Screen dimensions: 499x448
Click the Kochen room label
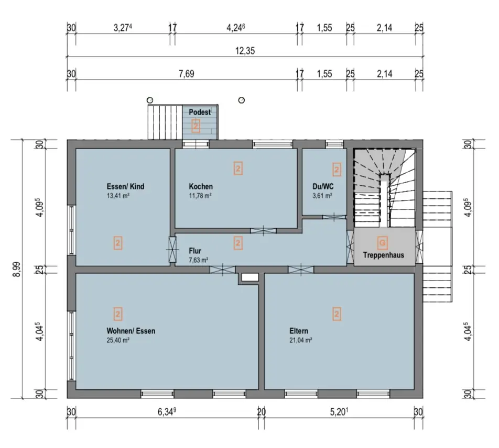(x=200, y=186)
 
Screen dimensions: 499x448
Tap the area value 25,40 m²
(x=118, y=340)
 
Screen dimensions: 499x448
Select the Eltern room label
(x=299, y=331)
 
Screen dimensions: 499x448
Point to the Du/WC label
(x=323, y=186)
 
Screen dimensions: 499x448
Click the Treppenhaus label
(x=384, y=255)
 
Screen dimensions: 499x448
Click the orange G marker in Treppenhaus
(x=382, y=243)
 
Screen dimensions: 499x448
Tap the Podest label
(x=200, y=112)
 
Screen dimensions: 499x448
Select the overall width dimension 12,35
(x=245, y=51)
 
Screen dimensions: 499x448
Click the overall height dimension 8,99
(x=17, y=269)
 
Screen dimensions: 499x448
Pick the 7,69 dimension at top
(x=187, y=74)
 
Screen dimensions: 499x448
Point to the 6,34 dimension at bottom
(x=167, y=412)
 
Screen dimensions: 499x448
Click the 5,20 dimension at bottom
(x=339, y=412)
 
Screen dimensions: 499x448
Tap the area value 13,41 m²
(x=118, y=196)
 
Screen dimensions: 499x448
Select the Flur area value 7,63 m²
(x=198, y=260)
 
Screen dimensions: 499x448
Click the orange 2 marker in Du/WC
(x=337, y=170)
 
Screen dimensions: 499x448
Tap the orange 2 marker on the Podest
(x=196, y=126)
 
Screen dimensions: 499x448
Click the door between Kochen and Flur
(x=264, y=231)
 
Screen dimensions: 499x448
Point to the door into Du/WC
(x=334, y=217)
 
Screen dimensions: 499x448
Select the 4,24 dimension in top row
(x=235, y=28)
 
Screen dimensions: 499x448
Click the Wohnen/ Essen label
(x=131, y=331)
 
